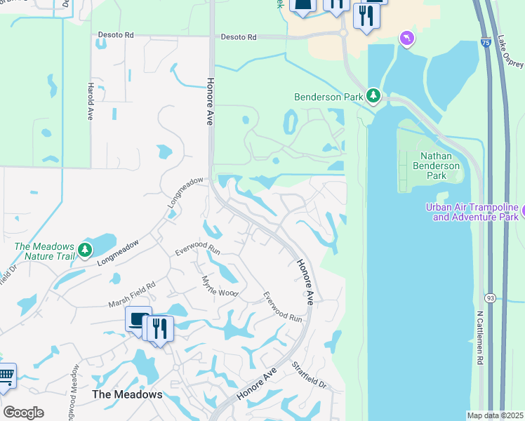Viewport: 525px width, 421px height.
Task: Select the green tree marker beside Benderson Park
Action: [373, 96]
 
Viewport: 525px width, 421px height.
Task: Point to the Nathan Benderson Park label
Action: [440, 166]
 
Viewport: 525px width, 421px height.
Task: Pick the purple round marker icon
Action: [407, 38]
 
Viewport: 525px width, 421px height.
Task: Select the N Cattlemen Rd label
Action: [481, 338]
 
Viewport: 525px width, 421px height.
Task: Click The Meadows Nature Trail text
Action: [44, 251]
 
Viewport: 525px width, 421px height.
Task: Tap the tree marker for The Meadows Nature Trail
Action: [85, 249]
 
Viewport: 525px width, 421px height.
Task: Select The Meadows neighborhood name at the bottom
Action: [127, 394]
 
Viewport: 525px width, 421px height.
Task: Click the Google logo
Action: [23, 412]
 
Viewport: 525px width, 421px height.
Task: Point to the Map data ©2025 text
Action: [496, 415]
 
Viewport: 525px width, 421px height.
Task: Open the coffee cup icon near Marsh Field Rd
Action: [138, 319]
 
